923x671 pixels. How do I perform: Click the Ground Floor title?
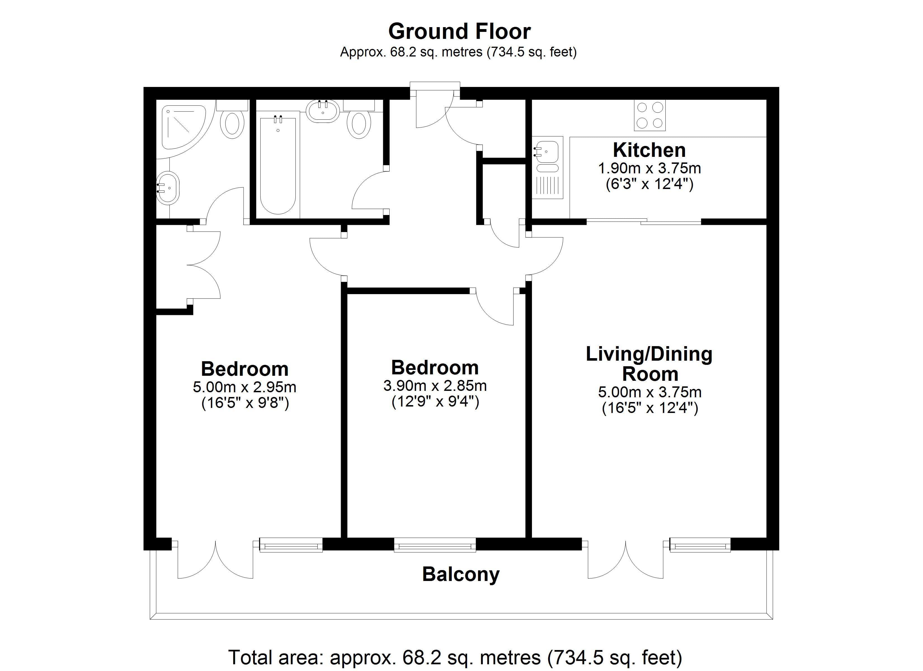(x=460, y=31)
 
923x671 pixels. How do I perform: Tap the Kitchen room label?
(x=649, y=150)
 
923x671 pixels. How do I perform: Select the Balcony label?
(x=461, y=575)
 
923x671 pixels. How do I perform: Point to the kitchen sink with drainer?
(x=548, y=167)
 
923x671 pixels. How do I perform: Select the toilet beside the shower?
(x=232, y=119)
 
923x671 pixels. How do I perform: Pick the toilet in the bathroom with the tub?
(x=359, y=119)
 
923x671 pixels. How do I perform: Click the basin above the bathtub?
(x=322, y=111)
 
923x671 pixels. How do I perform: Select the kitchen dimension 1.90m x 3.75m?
(x=649, y=168)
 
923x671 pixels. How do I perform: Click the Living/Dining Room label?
(x=649, y=364)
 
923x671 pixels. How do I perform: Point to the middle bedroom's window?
(x=435, y=544)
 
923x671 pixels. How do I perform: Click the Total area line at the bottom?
(x=455, y=657)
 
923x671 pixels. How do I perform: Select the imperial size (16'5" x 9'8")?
(x=245, y=403)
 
